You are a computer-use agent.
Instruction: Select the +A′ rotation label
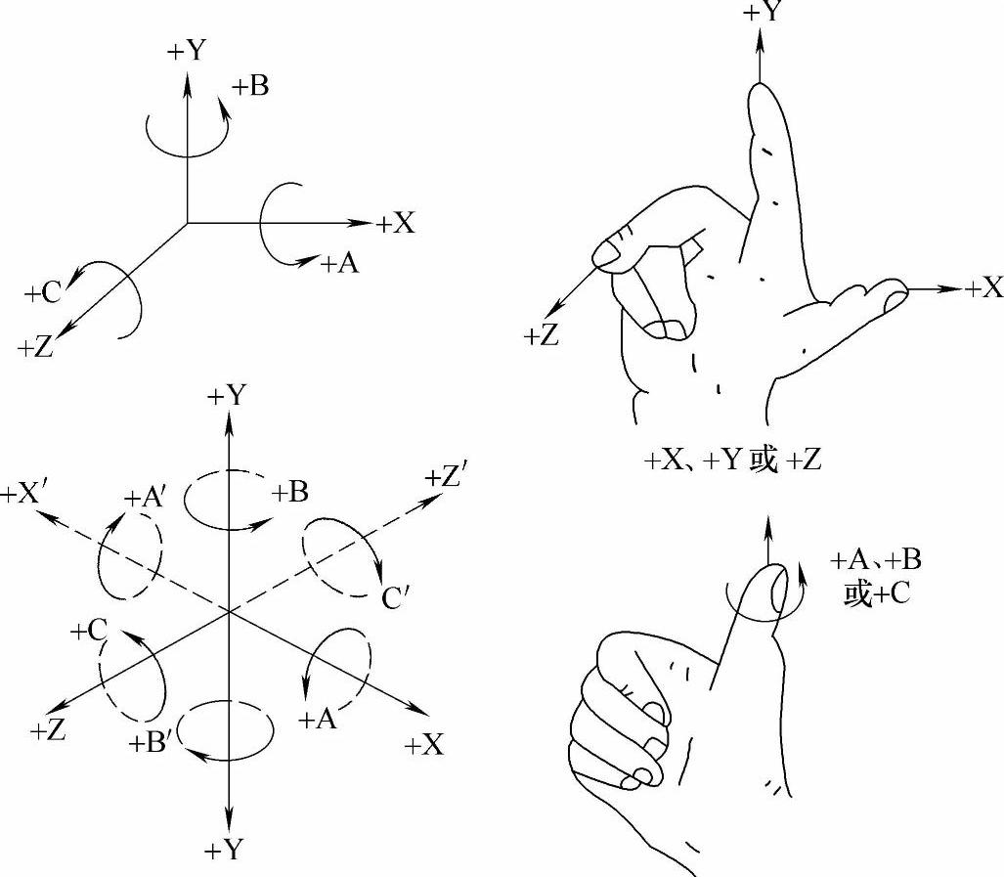[146, 498]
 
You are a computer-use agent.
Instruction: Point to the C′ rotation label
[397, 597]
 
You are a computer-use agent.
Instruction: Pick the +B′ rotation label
[152, 743]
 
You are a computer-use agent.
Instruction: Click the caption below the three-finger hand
[732, 460]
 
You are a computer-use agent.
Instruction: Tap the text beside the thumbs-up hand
[875, 576]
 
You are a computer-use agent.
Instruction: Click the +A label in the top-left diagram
[338, 262]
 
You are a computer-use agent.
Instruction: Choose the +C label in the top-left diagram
[44, 291]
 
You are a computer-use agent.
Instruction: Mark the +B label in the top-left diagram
[250, 86]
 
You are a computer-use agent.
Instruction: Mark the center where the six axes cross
[228, 612]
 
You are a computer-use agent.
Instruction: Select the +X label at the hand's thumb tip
[983, 287]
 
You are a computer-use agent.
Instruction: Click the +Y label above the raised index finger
[763, 13]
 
